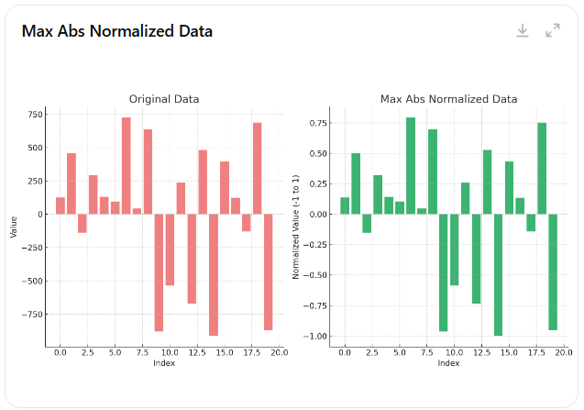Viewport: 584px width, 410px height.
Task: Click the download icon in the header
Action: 523,30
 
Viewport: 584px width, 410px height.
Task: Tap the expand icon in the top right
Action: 553,30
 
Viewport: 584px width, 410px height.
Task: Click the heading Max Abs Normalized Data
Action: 117,31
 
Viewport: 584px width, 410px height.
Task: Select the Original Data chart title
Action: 164,99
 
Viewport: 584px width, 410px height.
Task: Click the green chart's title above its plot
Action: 448,99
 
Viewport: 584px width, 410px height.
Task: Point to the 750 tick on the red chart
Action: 35,115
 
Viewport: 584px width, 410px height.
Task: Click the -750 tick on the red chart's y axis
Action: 32,315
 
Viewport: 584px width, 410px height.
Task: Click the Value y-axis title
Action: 14,227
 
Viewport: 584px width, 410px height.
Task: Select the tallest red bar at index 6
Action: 127,166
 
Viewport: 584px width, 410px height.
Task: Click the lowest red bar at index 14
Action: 214,274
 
